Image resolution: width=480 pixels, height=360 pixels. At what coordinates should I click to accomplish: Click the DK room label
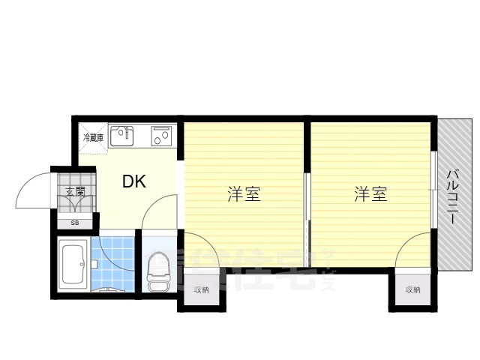click(134, 181)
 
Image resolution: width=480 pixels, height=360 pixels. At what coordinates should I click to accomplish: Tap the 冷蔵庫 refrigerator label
click(94, 137)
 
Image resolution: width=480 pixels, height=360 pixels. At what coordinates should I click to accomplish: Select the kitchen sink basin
click(121, 136)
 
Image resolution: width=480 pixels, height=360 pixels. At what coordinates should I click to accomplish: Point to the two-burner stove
click(162, 136)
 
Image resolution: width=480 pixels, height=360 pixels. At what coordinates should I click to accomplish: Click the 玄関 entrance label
click(75, 192)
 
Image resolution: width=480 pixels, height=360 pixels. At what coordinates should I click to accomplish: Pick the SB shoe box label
click(75, 223)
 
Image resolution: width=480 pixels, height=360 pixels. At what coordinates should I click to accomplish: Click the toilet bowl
click(158, 268)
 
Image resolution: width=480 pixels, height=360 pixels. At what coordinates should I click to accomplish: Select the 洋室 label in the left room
click(244, 195)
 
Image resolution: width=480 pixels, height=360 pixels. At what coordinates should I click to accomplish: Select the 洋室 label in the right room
click(371, 195)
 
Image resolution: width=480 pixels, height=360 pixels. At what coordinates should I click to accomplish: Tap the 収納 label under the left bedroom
click(201, 289)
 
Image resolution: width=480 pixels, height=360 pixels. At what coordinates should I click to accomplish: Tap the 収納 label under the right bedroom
click(412, 289)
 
